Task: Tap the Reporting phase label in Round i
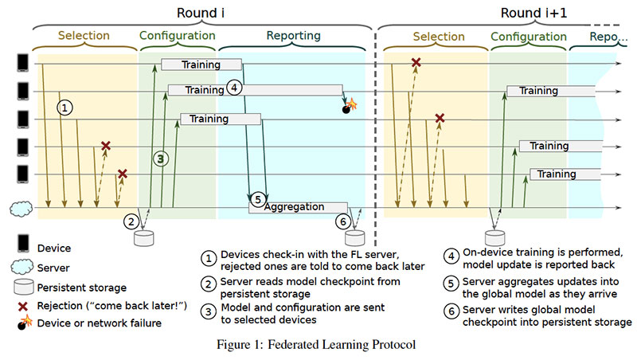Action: tap(294, 36)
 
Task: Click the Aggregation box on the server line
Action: tap(294, 207)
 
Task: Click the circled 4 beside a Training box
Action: tap(234, 88)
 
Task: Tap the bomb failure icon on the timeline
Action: tap(348, 106)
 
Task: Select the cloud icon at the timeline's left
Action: tap(21, 209)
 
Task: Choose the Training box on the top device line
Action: tap(201, 65)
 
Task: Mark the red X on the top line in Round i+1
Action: tap(416, 62)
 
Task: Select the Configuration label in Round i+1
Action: tap(528, 36)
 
